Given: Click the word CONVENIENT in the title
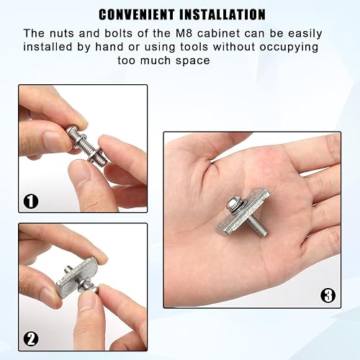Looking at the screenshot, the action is pyautogui.click(x=137, y=14).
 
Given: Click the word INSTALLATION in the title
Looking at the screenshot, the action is pyautogui.click(x=222, y=14).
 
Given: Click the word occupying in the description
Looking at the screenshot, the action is pyautogui.click(x=289, y=48).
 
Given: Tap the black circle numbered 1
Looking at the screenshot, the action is pyautogui.click(x=31, y=201).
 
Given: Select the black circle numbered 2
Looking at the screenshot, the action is pyautogui.click(x=31, y=339).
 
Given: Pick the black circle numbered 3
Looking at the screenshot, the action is pyautogui.click(x=328, y=295).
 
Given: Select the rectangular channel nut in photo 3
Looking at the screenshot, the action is pyautogui.click(x=243, y=212).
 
